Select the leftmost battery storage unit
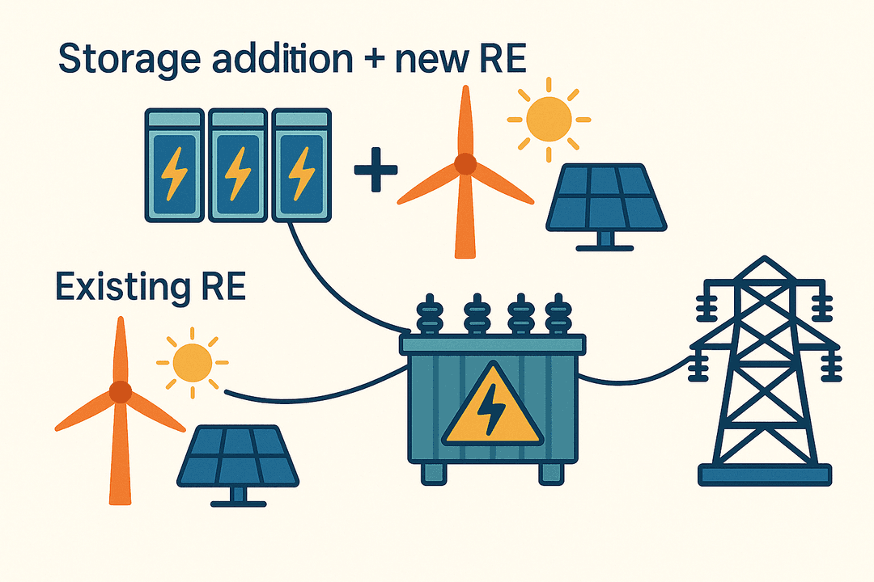[x=174, y=166]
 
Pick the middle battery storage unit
[x=238, y=166]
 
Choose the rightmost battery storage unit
[x=302, y=166]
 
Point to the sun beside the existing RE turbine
[x=192, y=362]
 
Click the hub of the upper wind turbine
[x=465, y=165]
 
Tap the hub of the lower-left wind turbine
[x=120, y=392]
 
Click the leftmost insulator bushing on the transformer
[x=427, y=315]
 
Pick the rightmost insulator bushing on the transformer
[x=556, y=315]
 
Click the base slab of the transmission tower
[x=764, y=475]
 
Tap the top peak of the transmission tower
[x=765, y=260]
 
